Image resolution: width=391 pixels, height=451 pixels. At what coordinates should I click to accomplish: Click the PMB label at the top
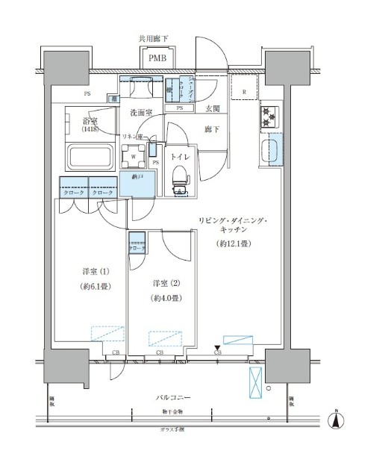click(157, 57)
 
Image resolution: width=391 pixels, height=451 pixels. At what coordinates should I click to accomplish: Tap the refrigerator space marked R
click(244, 93)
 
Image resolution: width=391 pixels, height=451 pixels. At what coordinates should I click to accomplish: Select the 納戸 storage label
click(138, 178)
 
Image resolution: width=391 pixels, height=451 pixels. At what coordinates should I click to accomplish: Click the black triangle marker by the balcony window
click(217, 347)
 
